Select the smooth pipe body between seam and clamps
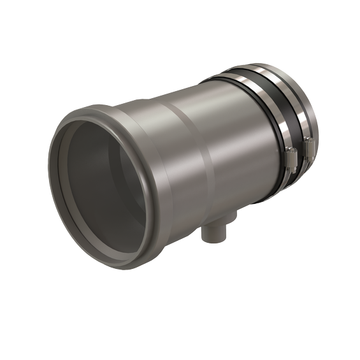pyautogui.click(x=223, y=140)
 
